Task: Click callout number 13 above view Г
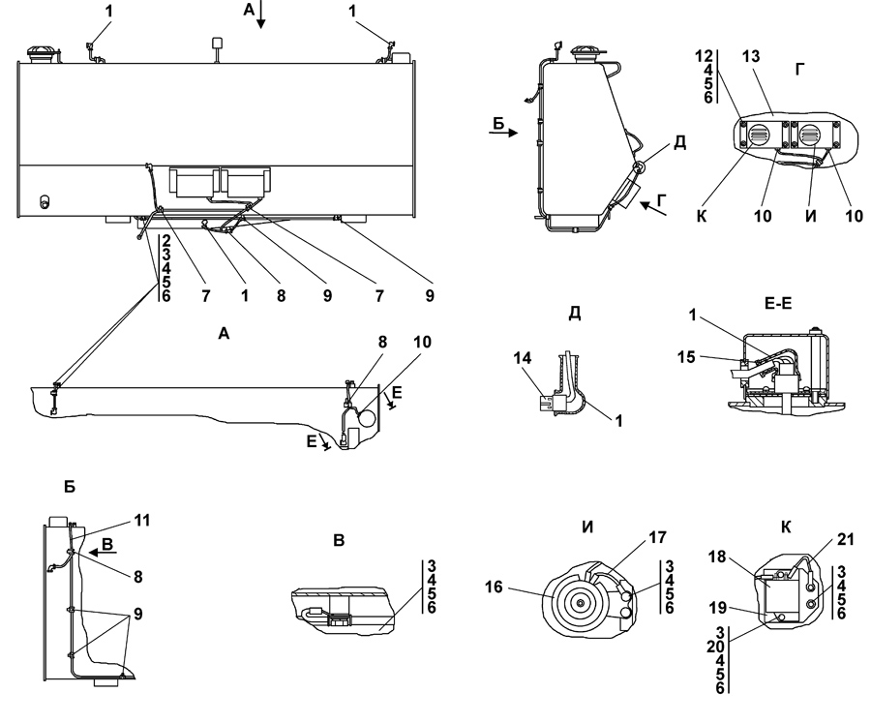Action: [x=750, y=57]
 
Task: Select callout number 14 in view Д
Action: [x=523, y=359]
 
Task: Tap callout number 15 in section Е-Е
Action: [x=686, y=357]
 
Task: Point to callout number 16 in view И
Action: [x=494, y=587]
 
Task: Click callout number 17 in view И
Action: [x=657, y=537]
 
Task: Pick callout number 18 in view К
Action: [x=718, y=557]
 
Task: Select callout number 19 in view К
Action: [x=718, y=608]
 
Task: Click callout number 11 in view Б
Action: [x=142, y=521]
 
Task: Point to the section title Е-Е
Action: [x=778, y=303]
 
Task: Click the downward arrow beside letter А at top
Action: [x=261, y=15]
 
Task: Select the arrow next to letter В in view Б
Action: [x=102, y=553]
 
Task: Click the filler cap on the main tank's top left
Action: [x=43, y=54]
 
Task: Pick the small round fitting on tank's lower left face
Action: [x=45, y=201]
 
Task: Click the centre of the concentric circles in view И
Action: [x=581, y=603]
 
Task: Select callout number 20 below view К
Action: [x=716, y=648]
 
